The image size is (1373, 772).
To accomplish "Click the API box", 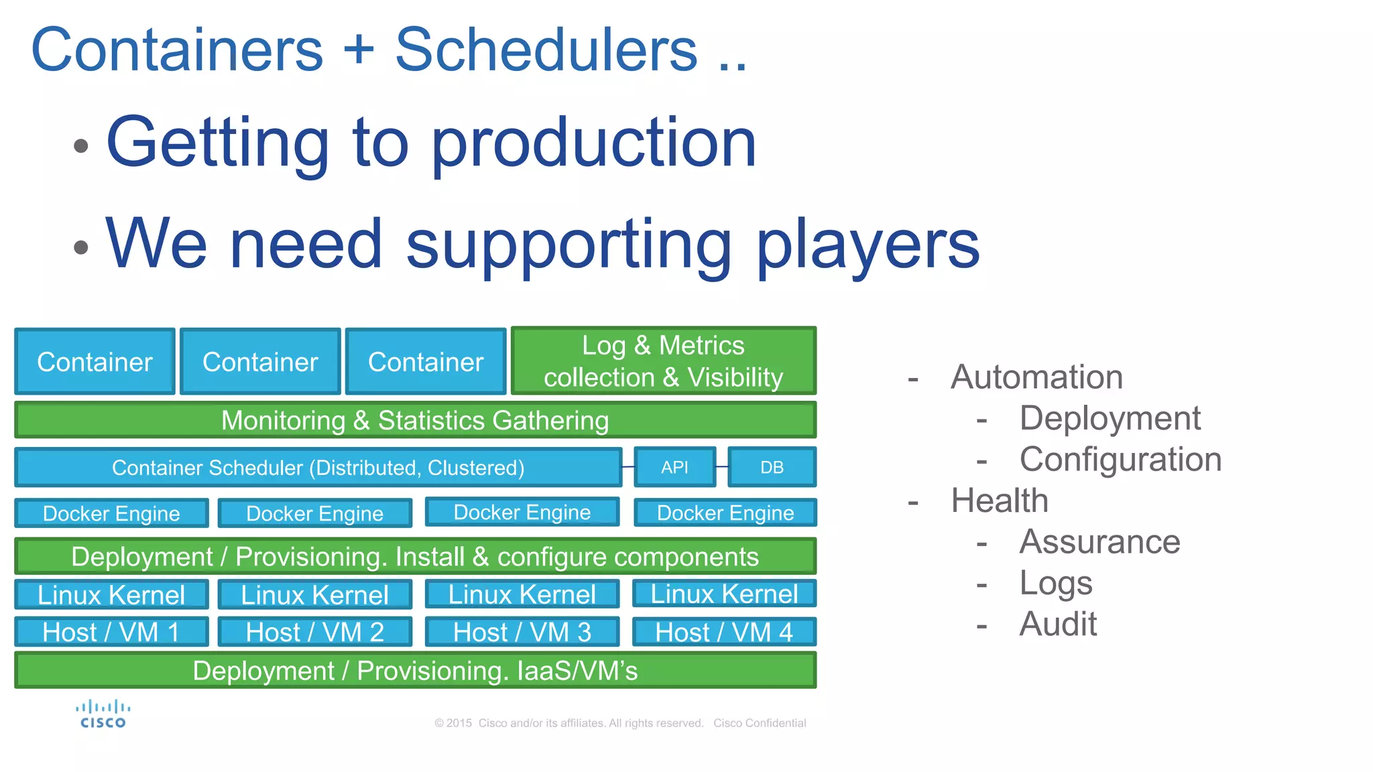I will tap(674, 467).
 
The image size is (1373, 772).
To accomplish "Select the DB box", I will tap(772, 467).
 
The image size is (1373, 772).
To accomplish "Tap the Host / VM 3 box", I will tap(522, 632).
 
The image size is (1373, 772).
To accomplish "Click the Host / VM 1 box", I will tap(111, 632).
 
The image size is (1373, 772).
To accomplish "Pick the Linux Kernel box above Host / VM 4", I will tap(724, 594).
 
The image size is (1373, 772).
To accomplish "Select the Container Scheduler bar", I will tap(318, 467).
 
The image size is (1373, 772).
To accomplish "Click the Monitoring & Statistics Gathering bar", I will tap(415, 420).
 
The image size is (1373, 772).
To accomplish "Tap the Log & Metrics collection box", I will tap(663, 361).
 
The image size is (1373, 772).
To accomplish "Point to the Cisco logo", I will tap(103, 714).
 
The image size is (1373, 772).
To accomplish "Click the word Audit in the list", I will tap(1058, 624).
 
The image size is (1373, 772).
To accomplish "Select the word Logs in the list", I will tap(1056, 583).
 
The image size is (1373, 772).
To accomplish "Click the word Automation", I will tap(1036, 377).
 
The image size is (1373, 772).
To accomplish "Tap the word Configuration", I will tap(1120, 460).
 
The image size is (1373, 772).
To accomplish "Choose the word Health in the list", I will tap(1000, 501).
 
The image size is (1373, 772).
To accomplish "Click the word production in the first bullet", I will tap(594, 143).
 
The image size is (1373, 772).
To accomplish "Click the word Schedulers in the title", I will tap(546, 50).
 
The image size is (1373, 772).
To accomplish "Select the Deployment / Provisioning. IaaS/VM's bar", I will tap(415, 670).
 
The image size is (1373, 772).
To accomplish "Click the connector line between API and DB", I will tap(722, 466).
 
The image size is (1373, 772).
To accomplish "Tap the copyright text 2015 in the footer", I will tap(459, 723).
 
